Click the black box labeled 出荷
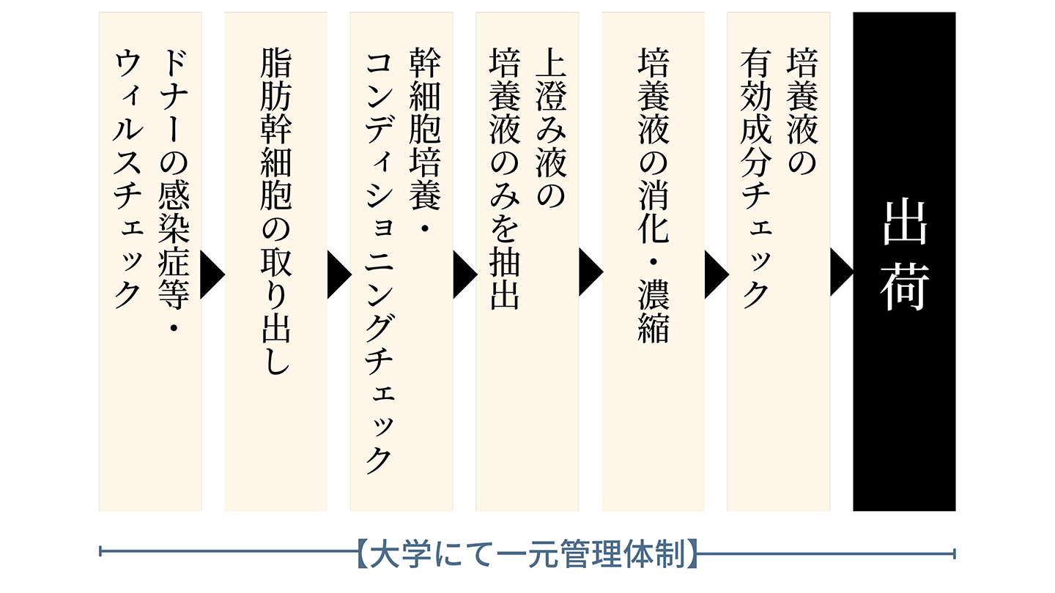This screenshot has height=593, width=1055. point(904,261)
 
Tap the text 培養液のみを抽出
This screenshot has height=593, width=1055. point(505,179)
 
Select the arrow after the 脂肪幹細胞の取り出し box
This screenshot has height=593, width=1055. point(338,275)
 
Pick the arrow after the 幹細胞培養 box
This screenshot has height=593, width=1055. point(464,275)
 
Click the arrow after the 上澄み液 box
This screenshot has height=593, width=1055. point(590,272)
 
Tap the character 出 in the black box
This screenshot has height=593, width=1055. point(904,223)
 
